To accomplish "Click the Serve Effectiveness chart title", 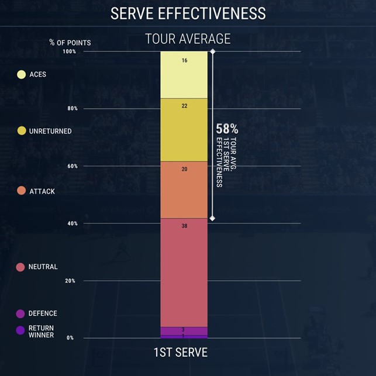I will pos(188,13).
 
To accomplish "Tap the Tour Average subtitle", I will pos(188,39).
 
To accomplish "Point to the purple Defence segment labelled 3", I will pos(184,330).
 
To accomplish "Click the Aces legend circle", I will pos(22,74).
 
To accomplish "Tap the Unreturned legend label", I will pos(50,132).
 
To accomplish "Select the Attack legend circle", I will pos(22,191).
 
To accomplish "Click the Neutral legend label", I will pos(43,267).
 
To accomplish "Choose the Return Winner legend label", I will pos(42,332).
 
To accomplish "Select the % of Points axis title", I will pos(70,43).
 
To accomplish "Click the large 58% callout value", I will pos(227,129).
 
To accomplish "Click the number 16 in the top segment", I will pos(184,60).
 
